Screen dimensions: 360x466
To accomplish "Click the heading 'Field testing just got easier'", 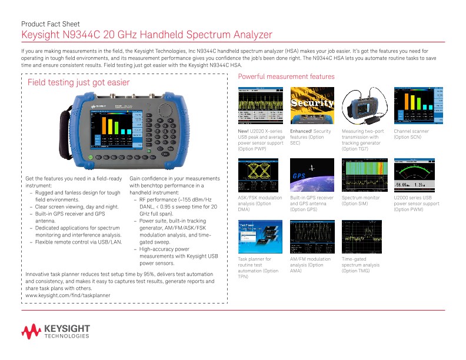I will (x=79, y=82).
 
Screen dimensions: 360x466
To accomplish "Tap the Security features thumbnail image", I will (x=312, y=106).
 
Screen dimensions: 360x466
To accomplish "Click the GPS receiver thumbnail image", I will (x=312, y=176).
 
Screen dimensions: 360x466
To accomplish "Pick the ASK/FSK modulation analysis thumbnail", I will (x=259, y=176).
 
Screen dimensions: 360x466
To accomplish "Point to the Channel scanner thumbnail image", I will (x=417, y=106).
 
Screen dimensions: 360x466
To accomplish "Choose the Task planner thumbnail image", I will (x=259, y=237).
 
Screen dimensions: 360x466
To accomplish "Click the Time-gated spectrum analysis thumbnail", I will (x=364, y=237).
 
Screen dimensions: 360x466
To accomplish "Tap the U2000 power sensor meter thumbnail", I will (x=417, y=176).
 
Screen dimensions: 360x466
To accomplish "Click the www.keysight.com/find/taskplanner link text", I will (x=69, y=295).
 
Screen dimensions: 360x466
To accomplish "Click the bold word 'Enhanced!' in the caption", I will (x=301, y=131).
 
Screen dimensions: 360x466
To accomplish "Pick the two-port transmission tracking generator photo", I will (x=364, y=106).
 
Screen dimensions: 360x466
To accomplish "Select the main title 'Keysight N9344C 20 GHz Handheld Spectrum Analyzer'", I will (x=147, y=36).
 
